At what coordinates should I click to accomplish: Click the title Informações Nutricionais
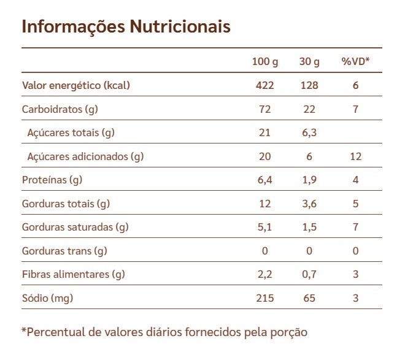pos(126,27)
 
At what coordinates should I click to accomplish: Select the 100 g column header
pos(264,61)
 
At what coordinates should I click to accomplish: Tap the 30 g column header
pos(309,61)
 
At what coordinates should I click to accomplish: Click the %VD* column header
pos(355,61)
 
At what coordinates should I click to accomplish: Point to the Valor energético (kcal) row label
pos(76,85)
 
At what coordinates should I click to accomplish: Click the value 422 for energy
pos(264,85)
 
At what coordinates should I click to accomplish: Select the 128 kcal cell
pos(309,85)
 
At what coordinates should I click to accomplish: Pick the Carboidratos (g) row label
pos(60,109)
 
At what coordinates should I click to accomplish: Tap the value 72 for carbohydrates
pos(264,109)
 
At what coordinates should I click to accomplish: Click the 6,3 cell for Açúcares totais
pos(309,132)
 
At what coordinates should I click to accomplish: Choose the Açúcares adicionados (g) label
pos(85,156)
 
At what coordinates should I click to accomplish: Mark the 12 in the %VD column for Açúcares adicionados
pos(355,156)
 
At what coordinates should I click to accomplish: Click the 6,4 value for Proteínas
pos(264,180)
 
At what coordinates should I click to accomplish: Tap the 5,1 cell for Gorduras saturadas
pos(264,227)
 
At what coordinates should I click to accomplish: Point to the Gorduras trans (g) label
pos(64,251)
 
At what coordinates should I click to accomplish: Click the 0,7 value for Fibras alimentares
pos(309,274)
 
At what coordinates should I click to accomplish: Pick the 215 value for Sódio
pos(264,298)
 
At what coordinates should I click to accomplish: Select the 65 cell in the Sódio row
pos(309,298)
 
